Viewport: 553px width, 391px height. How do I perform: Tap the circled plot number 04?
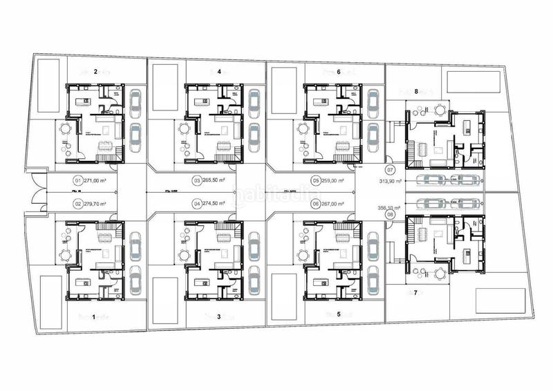coord(197,204)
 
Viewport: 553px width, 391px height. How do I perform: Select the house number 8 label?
coord(416,90)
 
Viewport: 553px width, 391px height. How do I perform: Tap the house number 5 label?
coord(339,314)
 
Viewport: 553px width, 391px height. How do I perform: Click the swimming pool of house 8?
coord(474,82)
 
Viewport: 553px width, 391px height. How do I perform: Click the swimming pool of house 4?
coord(165,87)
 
